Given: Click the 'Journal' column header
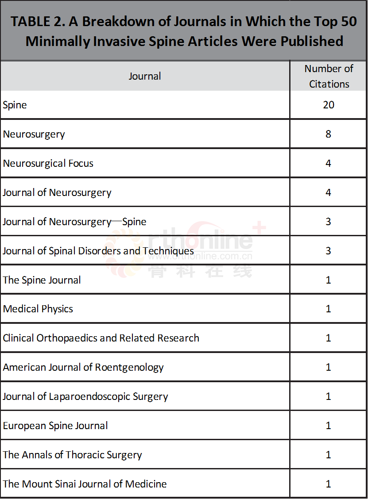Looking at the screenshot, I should coord(145,76).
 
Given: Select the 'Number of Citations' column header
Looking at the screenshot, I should coord(329,76).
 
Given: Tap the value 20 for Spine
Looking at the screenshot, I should coord(329,105).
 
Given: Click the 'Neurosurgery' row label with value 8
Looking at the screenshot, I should coord(34,134).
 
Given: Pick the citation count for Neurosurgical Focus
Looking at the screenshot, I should coord(328,163).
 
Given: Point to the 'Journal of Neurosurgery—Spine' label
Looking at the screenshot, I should coord(74,222).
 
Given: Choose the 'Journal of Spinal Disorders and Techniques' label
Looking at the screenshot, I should coord(98,251).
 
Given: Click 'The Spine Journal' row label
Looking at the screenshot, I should coord(42,280).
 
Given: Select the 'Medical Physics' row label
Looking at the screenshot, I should coord(38,309).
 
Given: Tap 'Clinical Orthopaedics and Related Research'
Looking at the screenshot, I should coord(101,338).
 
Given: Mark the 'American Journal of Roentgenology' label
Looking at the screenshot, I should coord(83,367).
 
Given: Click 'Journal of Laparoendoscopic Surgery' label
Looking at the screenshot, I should coord(85,396).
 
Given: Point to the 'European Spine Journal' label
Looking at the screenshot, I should coord(55,426).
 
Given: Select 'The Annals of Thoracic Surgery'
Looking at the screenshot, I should coord(73,455).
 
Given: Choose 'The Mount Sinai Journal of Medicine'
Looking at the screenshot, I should coord(85,484).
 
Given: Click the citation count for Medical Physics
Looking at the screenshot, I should coord(328,309).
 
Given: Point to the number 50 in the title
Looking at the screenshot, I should coord(346,22).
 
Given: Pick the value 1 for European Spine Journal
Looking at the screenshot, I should coord(328,426).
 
